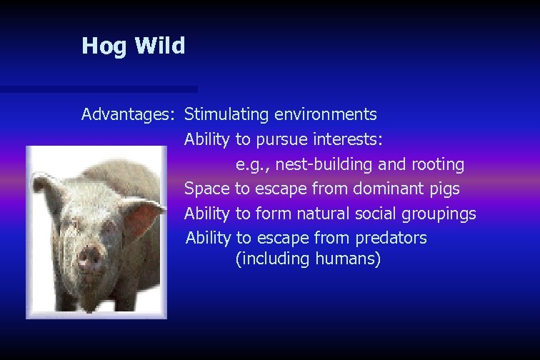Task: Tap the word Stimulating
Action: pyautogui.click(x=226, y=114)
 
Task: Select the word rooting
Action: pyautogui.click(x=438, y=165)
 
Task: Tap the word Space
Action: pyautogui.click(x=207, y=189)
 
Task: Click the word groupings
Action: pyautogui.click(x=438, y=214)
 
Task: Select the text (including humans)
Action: pyautogui.click(x=308, y=259)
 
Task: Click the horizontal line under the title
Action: pyautogui.click(x=99, y=90)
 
